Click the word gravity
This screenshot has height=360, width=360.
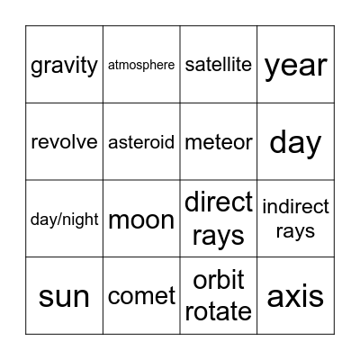point(64,66)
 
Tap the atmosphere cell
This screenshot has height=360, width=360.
point(141,65)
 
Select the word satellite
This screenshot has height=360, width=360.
point(218,65)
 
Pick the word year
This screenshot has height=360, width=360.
point(295,66)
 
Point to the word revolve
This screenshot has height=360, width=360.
point(64,142)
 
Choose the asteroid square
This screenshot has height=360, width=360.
point(141,142)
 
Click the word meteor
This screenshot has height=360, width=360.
point(218,142)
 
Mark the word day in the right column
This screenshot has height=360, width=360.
point(295,142)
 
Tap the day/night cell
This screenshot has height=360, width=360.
point(64,220)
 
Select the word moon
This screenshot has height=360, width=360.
point(141,220)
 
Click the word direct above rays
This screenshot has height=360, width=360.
point(218,202)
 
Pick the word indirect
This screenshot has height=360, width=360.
point(295,208)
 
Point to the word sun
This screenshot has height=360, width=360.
point(64,296)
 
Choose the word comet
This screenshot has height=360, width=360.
point(141,296)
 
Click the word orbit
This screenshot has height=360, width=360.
point(218,280)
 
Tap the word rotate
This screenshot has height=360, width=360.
point(218,311)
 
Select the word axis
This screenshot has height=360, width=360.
point(295,296)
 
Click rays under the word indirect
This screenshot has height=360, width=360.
point(295,231)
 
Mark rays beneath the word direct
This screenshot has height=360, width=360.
point(218,235)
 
